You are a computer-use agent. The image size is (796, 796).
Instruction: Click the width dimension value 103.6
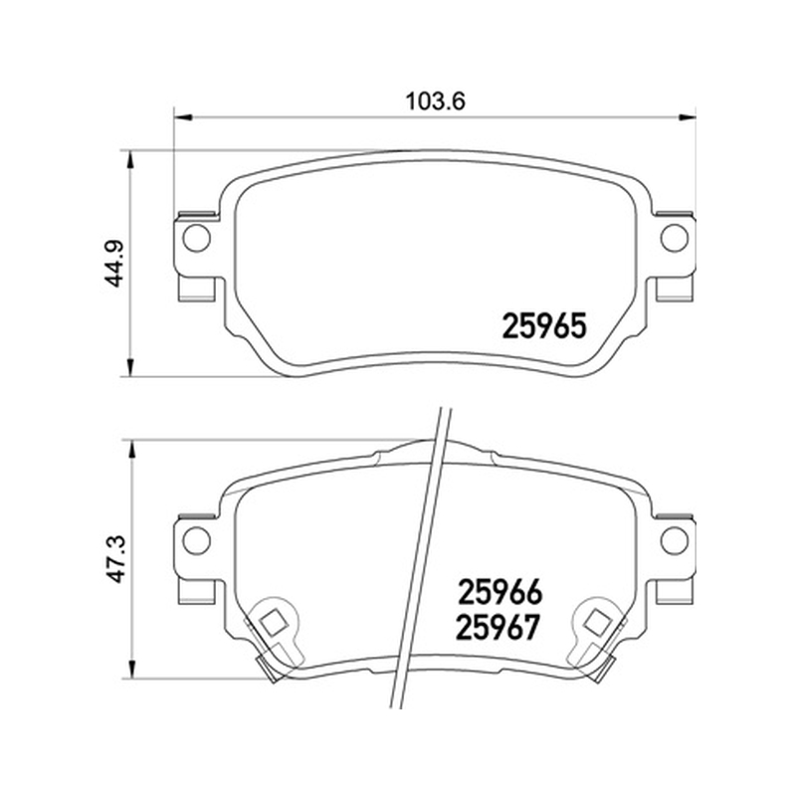point(435,101)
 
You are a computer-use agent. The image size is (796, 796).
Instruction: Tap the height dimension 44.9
point(116,263)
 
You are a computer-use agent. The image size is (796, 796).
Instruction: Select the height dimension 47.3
point(116,558)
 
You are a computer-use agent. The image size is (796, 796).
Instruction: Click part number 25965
point(544,326)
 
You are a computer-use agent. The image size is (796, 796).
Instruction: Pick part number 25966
point(500,592)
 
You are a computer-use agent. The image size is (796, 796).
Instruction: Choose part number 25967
point(497,628)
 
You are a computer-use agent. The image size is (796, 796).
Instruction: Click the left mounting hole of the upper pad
point(196,238)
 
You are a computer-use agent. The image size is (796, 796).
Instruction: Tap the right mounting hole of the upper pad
point(675,238)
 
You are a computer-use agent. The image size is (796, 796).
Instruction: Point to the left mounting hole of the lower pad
point(196,539)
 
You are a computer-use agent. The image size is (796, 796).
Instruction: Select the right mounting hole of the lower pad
point(675,539)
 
